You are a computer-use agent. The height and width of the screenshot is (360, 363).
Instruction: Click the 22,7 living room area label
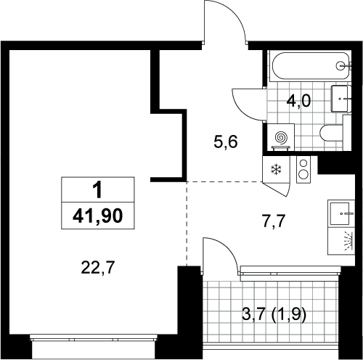tap(97, 268)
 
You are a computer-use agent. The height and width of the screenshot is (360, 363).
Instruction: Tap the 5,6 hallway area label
tap(226, 142)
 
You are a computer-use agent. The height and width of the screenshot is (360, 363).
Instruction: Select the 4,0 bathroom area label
tap(298, 101)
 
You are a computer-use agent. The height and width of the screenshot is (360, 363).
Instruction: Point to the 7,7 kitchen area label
tap(274, 221)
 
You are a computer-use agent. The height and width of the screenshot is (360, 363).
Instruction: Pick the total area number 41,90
tap(98, 216)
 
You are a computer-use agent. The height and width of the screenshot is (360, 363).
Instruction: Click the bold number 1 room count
tap(98, 190)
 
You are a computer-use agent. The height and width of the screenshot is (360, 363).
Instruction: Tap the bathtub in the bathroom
tap(311, 66)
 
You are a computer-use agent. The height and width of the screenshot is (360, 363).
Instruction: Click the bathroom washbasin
tap(341, 99)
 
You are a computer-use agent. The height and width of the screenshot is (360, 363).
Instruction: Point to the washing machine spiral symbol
tap(282, 138)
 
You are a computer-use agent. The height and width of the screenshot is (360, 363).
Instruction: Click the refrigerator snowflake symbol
tap(276, 169)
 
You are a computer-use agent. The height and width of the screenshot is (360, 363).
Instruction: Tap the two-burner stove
tap(303, 169)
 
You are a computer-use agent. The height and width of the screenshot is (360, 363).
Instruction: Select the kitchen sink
tap(341, 213)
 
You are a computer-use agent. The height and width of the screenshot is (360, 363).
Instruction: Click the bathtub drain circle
tap(340, 65)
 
